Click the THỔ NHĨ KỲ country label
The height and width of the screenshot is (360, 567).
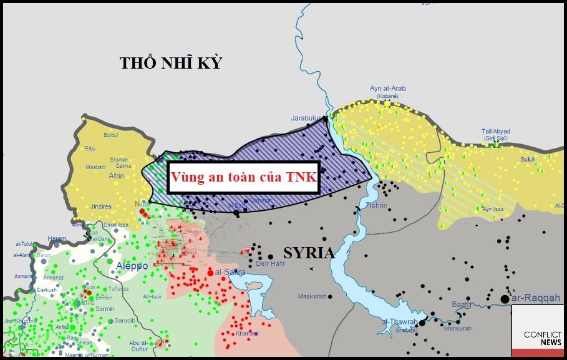pos(171,63)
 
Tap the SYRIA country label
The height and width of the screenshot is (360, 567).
pos(309,253)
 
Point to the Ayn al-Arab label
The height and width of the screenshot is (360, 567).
pos(387,89)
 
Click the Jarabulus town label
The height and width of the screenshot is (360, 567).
pos(306,118)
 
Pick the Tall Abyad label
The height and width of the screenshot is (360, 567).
pos(496,132)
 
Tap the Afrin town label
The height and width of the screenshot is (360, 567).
pos(116,176)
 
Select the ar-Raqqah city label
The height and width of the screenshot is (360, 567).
pos(536,298)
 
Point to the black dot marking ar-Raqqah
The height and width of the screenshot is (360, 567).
pos(505,299)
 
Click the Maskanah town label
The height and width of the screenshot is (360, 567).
pos(312,296)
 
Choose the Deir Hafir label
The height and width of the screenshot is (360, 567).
pos(270,264)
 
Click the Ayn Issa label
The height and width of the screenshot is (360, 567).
pos(493,209)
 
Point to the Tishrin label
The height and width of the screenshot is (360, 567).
pos(376,205)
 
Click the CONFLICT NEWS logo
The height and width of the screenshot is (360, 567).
pos(542,339)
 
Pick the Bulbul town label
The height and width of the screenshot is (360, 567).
pos(110,135)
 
